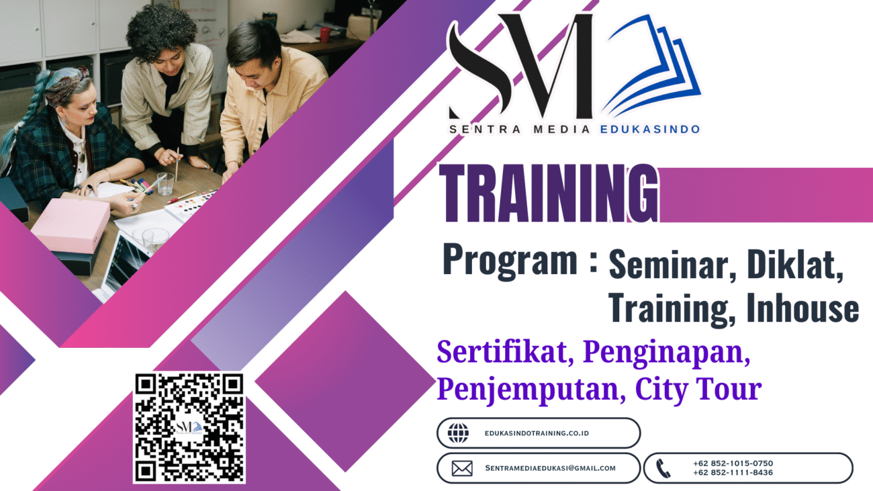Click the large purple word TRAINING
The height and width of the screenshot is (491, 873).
pyautogui.click(x=549, y=193)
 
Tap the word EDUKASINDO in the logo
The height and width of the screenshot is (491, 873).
pyautogui.click(x=650, y=130)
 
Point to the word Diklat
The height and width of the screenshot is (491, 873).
pyautogui.click(x=795, y=265)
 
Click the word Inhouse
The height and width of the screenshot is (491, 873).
pyautogui.click(x=802, y=308)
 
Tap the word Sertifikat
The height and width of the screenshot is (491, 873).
pyautogui.click(x=505, y=353)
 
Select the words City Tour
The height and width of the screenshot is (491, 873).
pyautogui.click(x=698, y=390)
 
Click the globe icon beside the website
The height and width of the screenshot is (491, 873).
pyautogui.click(x=458, y=433)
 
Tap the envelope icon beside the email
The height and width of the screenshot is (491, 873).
pyautogui.click(x=462, y=468)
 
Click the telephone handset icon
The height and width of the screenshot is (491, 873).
pyautogui.click(x=663, y=468)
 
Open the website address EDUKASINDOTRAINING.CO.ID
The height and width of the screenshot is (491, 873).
pyautogui.click(x=537, y=433)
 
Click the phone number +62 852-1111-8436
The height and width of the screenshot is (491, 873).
pyautogui.click(x=733, y=473)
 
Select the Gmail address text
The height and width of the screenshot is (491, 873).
pyautogui.click(x=550, y=468)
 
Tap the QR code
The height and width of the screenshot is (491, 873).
pyautogui.click(x=189, y=427)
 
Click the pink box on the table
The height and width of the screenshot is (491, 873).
pyautogui.click(x=71, y=224)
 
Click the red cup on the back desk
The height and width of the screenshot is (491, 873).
pyautogui.click(x=324, y=34)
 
